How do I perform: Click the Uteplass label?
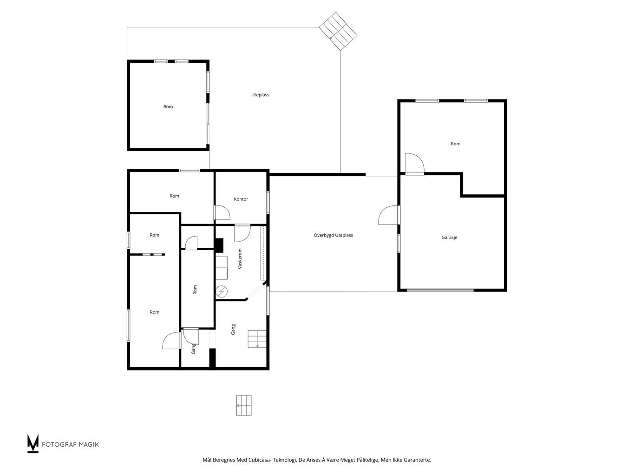260,95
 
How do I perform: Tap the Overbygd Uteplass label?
333,235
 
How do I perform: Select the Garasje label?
449,238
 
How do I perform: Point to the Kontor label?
241,199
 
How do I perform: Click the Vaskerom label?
240,258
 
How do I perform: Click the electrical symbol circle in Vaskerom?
222,291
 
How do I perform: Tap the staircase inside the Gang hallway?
257,339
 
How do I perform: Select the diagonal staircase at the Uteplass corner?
338,31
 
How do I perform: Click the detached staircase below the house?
244,405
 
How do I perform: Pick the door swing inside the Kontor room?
222,212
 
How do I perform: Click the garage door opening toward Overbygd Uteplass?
388,215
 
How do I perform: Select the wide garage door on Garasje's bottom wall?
440,290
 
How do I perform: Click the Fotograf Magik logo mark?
33,443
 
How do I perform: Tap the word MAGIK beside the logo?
89,444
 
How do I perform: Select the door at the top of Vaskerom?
242,233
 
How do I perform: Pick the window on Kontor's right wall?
268,202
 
